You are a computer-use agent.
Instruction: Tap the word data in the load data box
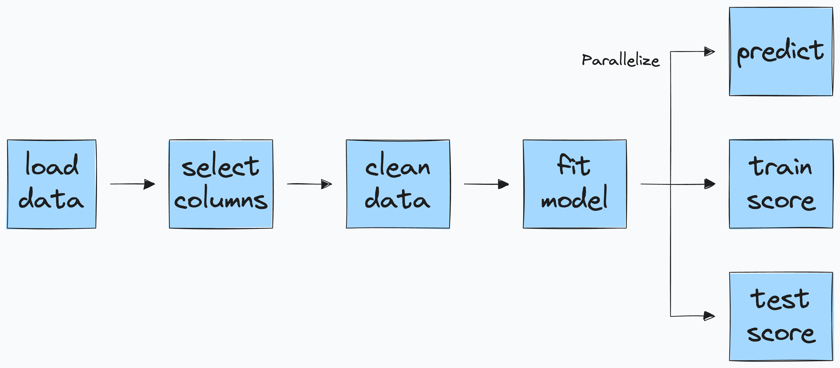tap(51, 199)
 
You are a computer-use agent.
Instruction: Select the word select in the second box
tap(220, 166)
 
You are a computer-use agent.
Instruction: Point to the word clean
tap(397, 166)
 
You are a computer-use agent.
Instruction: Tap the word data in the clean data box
tap(397, 199)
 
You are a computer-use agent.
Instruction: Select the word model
tap(574, 199)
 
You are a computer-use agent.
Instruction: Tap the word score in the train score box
tap(781, 201)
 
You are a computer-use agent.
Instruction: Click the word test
tap(780, 299)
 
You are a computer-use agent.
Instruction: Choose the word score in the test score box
tap(781, 334)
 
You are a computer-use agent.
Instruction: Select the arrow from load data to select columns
tap(132, 184)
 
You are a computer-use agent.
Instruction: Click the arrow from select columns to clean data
tap(309, 184)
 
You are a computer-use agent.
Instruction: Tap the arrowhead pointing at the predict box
tap(709, 52)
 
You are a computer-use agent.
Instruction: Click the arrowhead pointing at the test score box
tap(709, 316)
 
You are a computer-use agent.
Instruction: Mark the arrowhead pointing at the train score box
tap(710, 184)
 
